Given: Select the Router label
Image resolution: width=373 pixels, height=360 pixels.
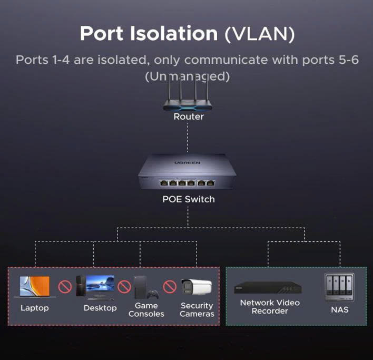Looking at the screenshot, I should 189,116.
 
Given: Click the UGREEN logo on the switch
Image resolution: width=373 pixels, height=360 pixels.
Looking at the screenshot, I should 187,163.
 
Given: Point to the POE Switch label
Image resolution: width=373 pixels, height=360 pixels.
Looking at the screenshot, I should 188,199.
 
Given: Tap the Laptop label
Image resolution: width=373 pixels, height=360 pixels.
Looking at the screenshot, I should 35,308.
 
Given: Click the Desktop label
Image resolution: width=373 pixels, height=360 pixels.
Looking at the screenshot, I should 100,308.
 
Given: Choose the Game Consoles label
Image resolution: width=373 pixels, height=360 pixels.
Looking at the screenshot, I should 146,310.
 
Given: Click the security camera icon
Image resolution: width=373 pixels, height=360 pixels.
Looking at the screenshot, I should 197,287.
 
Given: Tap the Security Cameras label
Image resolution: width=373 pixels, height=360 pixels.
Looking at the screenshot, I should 197,310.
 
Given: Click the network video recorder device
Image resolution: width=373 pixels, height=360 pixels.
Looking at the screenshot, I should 269,288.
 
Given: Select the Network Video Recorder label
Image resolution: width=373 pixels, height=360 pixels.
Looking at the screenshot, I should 270,307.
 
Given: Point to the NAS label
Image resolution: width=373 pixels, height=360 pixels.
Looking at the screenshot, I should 339,310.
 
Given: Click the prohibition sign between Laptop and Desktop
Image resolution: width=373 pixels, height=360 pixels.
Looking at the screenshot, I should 65,287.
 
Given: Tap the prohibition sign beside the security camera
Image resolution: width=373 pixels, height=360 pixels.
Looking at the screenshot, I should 169,287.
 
